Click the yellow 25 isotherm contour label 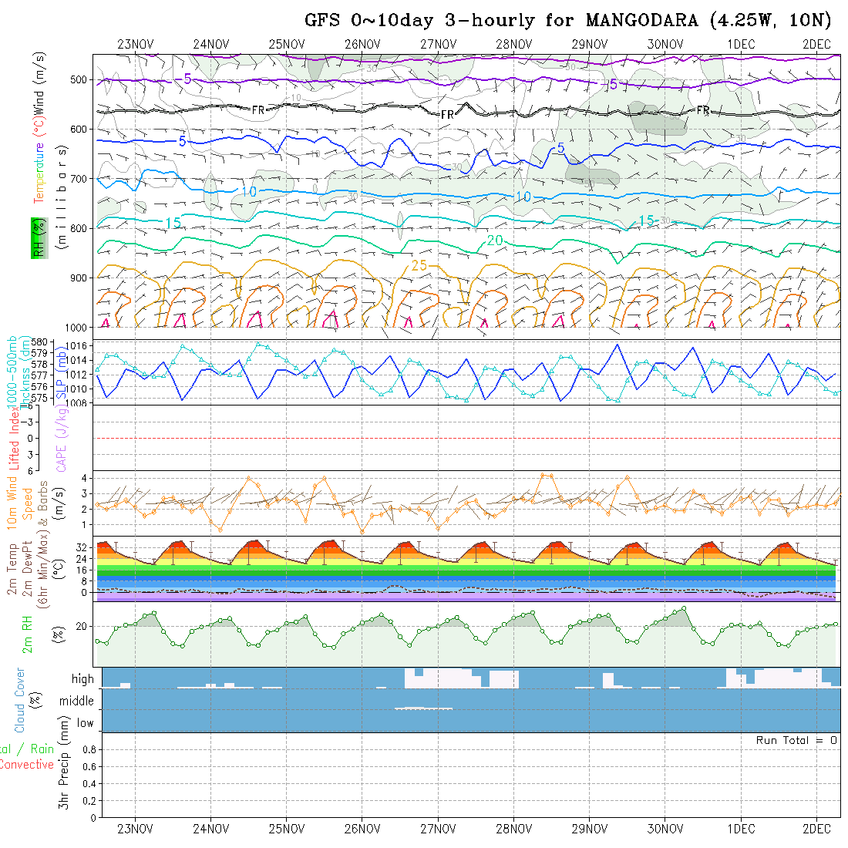coord(419,265)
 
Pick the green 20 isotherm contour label coord(495,241)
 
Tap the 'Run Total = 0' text coord(796,740)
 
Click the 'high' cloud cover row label coord(82,679)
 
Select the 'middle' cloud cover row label coord(77,701)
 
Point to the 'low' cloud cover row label coord(85,723)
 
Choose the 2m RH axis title coord(27,634)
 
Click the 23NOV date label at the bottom coord(136,829)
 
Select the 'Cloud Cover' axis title coord(20,700)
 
